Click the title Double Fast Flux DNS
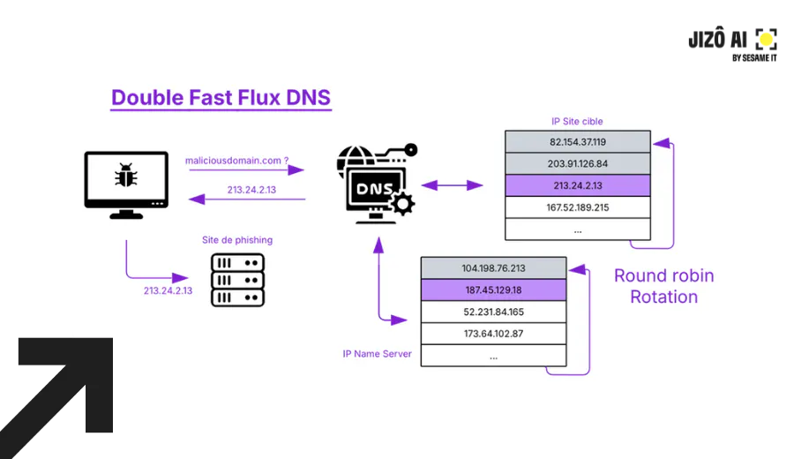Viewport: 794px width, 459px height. [x=221, y=97]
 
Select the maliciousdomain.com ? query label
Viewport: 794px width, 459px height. [x=237, y=161]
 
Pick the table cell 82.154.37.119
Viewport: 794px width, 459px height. [x=578, y=141]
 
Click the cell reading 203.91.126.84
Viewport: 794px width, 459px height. [x=578, y=163]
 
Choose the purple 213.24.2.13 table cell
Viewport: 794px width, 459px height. [x=578, y=185]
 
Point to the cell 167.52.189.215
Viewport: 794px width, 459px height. [x=578, y=207]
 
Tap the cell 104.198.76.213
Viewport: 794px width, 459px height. [x=493, y=267]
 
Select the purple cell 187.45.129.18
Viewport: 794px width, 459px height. [x=493, y=290]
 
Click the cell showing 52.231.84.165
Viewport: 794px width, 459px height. [x=493, y=312]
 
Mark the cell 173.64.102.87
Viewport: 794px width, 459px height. [x=493, y=334]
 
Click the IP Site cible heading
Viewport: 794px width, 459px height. [x=577, y=121]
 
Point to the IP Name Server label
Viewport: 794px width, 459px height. [x=377, y=354]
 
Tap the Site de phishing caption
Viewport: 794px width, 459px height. [x=237, y=240]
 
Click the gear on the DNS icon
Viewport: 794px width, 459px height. [x=402, y=205]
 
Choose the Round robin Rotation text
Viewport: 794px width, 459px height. [x=663, y=286]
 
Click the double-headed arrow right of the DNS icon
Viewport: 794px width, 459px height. [x=452, y=185]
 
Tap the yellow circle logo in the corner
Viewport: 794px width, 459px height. [x=767, y=39]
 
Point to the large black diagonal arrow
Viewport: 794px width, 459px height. [x=62, y=388]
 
